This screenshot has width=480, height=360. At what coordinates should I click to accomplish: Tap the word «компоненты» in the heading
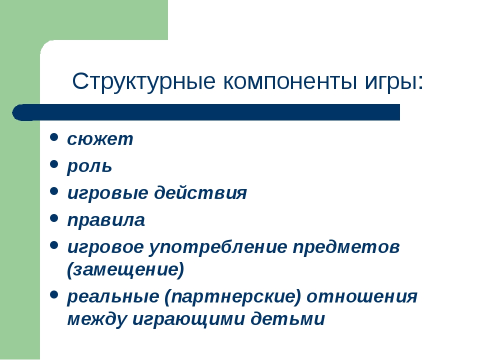point(290,81)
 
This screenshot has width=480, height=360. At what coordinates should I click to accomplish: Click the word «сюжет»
point(100,139)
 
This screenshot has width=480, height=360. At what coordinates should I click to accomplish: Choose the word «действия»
point(200,193)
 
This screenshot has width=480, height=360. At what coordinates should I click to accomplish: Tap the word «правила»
point(106,220)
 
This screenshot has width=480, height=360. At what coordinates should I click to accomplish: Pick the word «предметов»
point(346,246)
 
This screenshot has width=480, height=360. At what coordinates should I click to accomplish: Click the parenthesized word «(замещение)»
point(125,270)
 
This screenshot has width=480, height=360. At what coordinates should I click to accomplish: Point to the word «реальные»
point(113,297)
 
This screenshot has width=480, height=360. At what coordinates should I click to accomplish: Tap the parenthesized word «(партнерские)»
point(233,297)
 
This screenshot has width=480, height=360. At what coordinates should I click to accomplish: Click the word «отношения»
point(362,296)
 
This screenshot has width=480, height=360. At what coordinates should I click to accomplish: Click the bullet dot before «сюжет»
point(54,137)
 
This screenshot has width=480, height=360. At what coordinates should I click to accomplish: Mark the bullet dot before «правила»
point(54,218)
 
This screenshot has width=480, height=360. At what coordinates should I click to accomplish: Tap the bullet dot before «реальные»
point(54,295)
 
